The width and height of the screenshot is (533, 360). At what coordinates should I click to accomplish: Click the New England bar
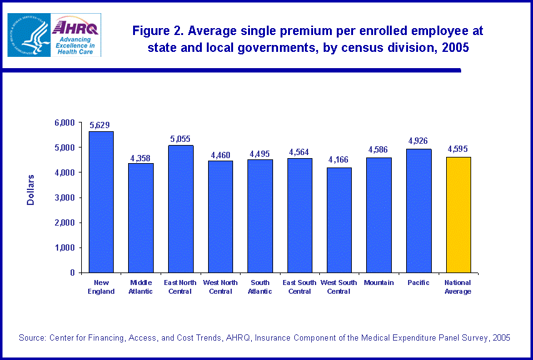coord(101,202)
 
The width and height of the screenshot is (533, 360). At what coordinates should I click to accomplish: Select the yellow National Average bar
coord(458,214)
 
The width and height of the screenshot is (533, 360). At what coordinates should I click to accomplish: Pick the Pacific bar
coord(418,211)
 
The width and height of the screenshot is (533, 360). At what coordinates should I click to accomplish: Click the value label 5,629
coord(101,125)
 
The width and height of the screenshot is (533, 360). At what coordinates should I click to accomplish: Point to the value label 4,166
coord(338,161)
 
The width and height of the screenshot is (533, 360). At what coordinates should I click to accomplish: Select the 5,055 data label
coord(181,139)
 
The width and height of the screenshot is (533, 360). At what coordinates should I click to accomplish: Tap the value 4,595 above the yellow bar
coord(457,149)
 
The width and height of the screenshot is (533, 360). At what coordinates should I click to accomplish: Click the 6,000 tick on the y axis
coord(64,122)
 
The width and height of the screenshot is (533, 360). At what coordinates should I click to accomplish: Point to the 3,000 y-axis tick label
coord(64,197)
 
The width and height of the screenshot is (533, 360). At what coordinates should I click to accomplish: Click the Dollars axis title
coord(31,189)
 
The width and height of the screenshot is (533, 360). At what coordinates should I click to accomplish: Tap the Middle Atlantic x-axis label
coord(141,287)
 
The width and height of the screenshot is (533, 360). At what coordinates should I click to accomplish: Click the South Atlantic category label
coord(259,287)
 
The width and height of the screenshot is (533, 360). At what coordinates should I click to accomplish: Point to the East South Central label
coord(299,287)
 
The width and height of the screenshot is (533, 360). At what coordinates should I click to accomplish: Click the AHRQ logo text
coord(75,27)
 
